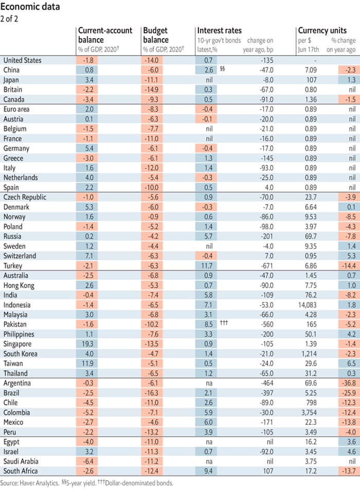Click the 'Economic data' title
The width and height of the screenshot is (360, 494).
click(x=31, y=7)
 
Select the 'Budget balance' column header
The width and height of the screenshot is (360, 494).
click(x=156, y=35)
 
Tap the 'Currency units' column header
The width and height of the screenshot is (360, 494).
click(x=322, y=31)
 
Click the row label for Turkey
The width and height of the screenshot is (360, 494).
click(x=13, y=266)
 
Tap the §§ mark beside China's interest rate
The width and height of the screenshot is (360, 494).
click(x=222, y=69)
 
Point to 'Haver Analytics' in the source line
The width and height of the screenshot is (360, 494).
click(x=39, y=483)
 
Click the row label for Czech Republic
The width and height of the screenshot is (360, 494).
click(x=25, y=197)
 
